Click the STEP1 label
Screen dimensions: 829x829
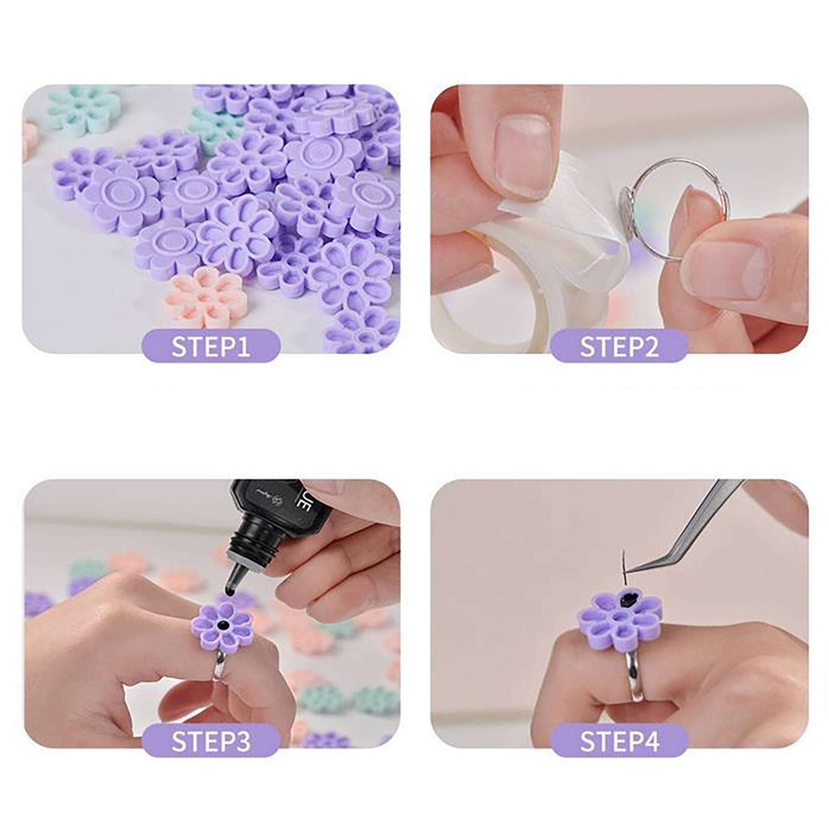click(x=211, y=347)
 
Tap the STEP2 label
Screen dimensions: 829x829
click(x=619, y=347)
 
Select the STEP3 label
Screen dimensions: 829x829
click(x=211, y=741)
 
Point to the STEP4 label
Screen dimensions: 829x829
click(x=619, y=741)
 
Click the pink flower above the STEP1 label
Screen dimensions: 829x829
click(x=207, y=295)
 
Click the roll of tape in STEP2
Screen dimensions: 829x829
click(x=497, y=290)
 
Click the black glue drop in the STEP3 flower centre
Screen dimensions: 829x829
click(x=223, y=624)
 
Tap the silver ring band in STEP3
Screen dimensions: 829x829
click(x=219, y=666)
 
